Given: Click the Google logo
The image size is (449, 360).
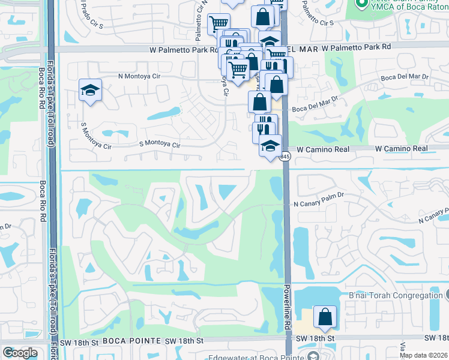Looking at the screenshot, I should click(x=20, y=353).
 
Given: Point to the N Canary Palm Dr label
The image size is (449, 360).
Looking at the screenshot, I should click(x=318, y=204).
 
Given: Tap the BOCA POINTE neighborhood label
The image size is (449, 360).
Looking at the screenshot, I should click(x=130, y=341).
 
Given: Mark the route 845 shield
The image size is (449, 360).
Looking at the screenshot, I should click(x=285, y=157).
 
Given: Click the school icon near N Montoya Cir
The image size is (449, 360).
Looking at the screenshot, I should click(x=91, y=91).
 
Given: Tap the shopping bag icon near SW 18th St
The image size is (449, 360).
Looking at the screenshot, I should click(x=325, y=316).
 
